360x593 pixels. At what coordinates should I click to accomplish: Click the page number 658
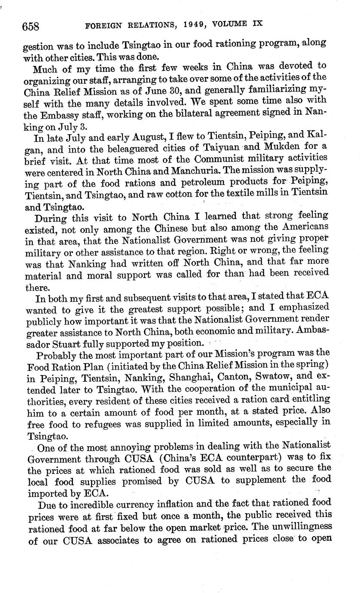(x=31, y=27)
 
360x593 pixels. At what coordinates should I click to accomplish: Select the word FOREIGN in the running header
(x=107, y=26)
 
